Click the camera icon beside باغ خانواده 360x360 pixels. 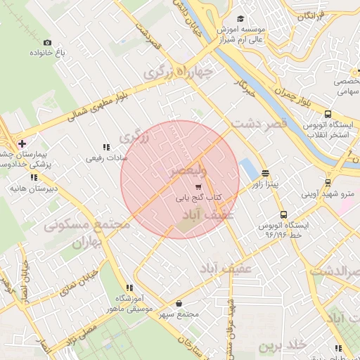(x=47, y=42)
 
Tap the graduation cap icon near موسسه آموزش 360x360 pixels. (x=241, y=19)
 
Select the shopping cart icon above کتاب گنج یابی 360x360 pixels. (x=198, y=187)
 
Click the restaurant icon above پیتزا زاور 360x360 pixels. (x=265, y=172)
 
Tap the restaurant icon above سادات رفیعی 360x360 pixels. (x=106, y=147)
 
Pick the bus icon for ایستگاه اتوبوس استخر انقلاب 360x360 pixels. (x=328, y=114)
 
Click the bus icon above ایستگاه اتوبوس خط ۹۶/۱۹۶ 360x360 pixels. (x=283, y=215)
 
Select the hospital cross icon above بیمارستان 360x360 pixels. (x=22, y=143)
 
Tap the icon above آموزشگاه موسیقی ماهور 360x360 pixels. (x=129, y=288)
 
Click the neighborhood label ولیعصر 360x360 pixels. (x=188, y=171)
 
